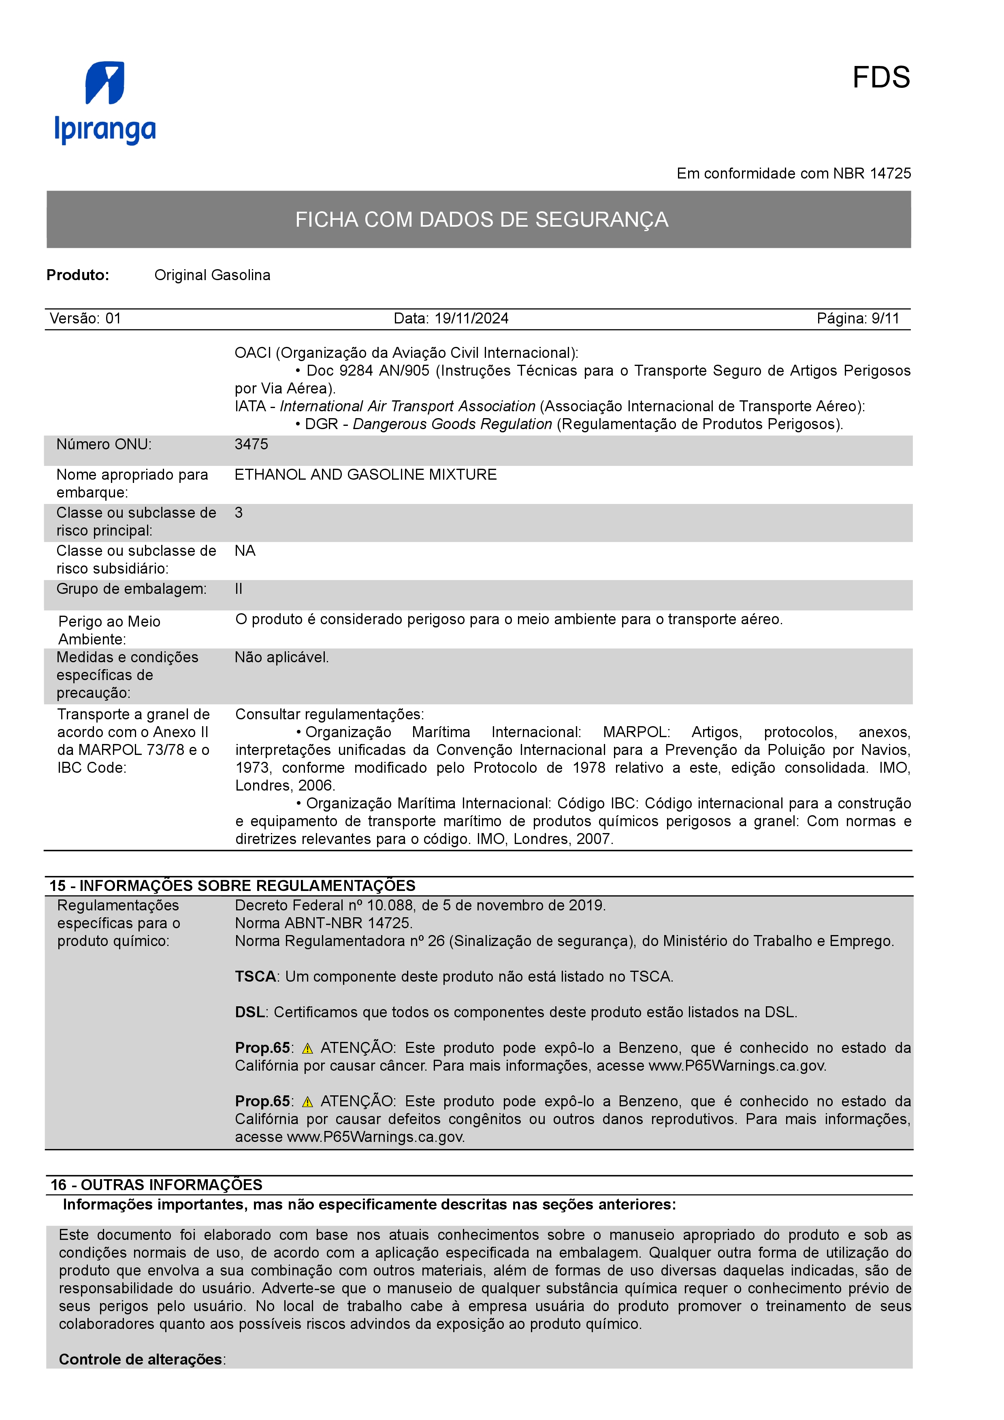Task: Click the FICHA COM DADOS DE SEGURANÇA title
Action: click(481, 219)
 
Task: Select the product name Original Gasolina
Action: click(212, 275)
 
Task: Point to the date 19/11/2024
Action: click(471, 319)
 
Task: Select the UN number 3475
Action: click(251, 444)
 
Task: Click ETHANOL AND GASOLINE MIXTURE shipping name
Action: click(366, 474)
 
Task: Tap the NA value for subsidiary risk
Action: click(245, 551)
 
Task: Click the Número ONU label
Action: click(104, 444)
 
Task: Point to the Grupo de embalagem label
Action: click(131, 589)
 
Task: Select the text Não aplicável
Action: click(281, 657)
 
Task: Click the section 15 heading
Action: click(232, 886)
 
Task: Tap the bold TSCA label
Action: click(255, 977)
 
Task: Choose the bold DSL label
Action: click(250, 1012)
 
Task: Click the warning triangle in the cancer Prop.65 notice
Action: click(307, 1048)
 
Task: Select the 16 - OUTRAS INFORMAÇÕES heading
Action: click(156, 1184)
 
